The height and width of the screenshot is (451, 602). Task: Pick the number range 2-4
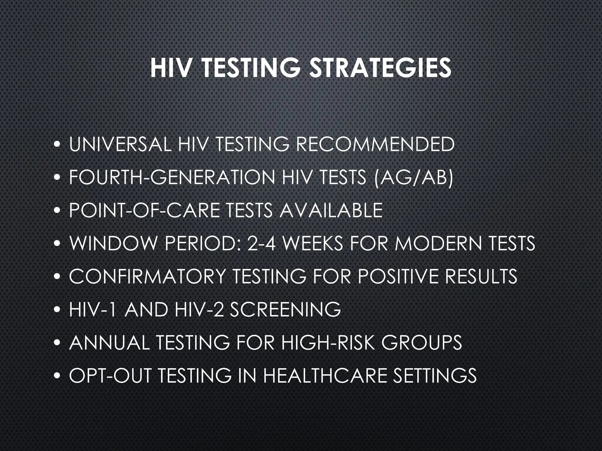coord(261,243)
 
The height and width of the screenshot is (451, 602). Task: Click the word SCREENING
coord(285,309)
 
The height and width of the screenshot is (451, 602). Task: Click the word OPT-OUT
coord(110,376)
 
